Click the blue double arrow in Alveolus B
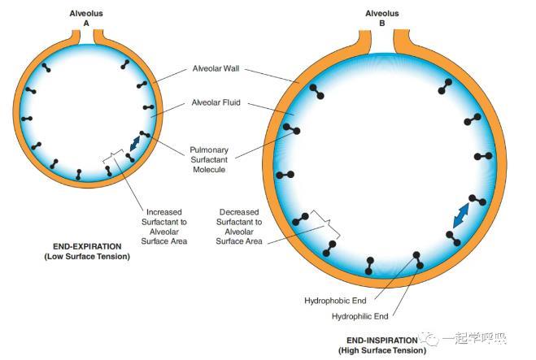click(x=461, y=215)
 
